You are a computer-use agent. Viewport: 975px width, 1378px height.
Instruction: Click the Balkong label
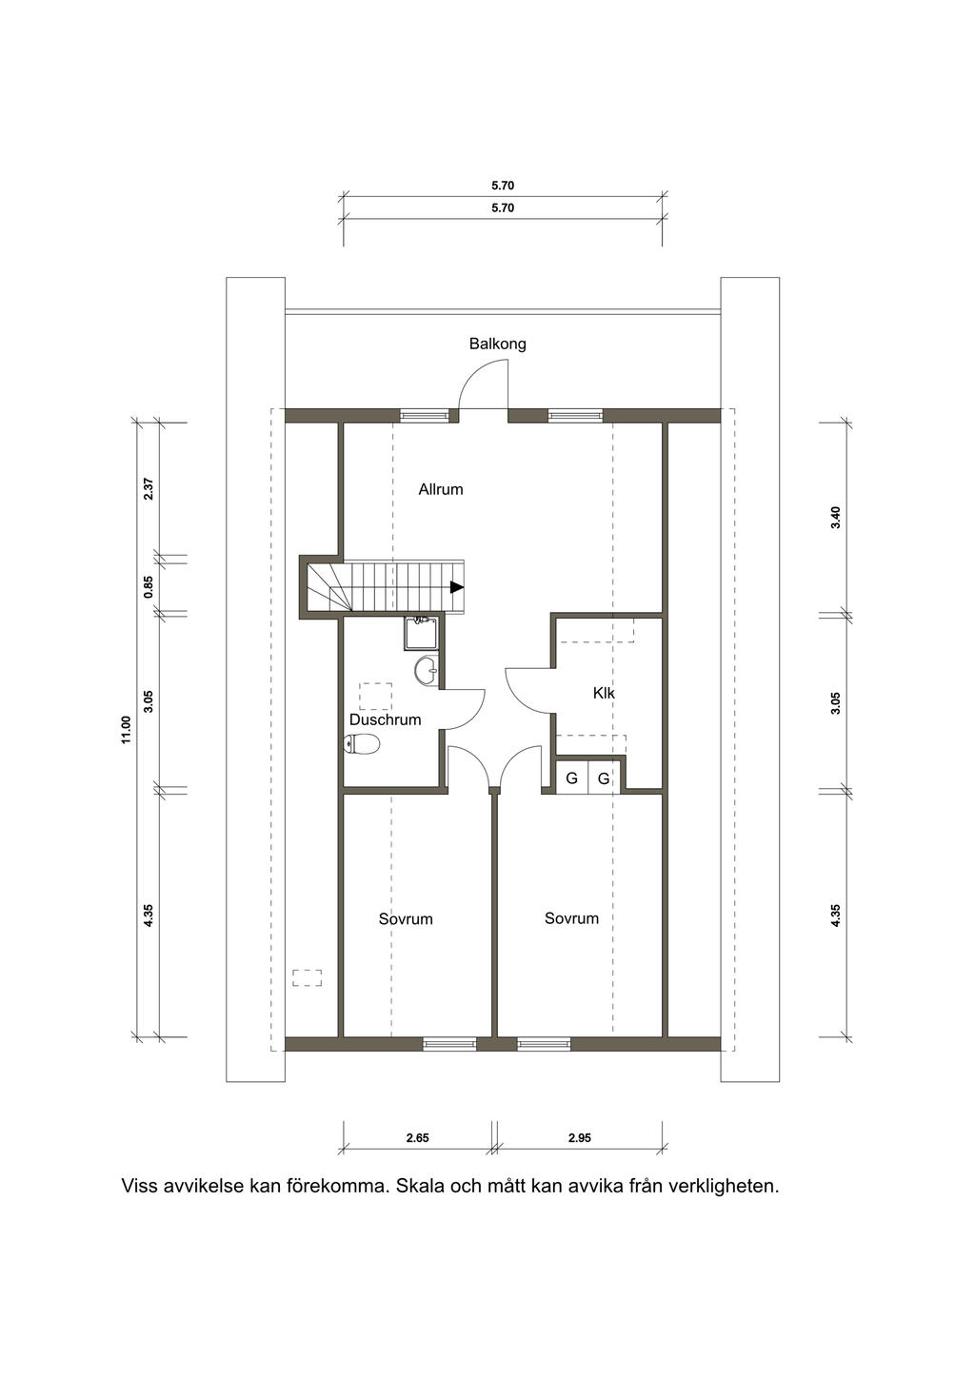[497, 344]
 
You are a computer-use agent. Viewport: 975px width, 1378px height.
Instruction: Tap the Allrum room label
[441, 489]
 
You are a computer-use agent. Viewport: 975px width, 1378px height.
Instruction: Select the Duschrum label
[386, 719]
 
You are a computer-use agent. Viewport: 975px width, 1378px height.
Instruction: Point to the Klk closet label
[604, 693]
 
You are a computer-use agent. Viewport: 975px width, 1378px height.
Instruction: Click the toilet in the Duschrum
[363, 744]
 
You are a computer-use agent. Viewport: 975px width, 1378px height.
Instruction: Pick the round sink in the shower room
[426, 671]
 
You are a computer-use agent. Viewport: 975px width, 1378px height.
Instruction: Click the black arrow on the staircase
[456, 587]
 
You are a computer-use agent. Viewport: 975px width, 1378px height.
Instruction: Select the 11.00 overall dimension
[127, 730]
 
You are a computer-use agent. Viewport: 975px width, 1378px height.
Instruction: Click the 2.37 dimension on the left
[149, 489]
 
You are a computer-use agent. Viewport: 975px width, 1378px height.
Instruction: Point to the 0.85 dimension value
[149, 586]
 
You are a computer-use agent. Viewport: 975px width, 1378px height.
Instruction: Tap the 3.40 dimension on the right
[835, 518]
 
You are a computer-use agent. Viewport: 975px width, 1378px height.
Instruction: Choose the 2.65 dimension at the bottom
[417, 1138]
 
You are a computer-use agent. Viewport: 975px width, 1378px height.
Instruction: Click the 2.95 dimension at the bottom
[580, 1138]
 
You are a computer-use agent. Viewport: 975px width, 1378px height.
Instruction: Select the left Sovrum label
[406, 918]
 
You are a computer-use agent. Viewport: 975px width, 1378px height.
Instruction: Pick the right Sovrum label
[571, 917]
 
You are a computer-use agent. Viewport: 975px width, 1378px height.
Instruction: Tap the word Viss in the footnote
[140, 1186]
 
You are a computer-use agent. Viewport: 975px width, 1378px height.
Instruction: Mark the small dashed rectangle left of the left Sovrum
[308, 977]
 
